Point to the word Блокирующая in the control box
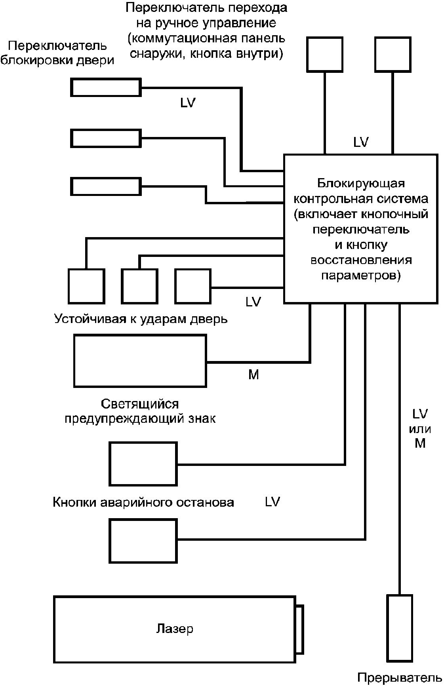361,184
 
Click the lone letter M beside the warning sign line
253,374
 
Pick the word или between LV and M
420,429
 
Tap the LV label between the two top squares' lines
361,142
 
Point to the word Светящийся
140,404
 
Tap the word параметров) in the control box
361,275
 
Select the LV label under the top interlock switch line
188,103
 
